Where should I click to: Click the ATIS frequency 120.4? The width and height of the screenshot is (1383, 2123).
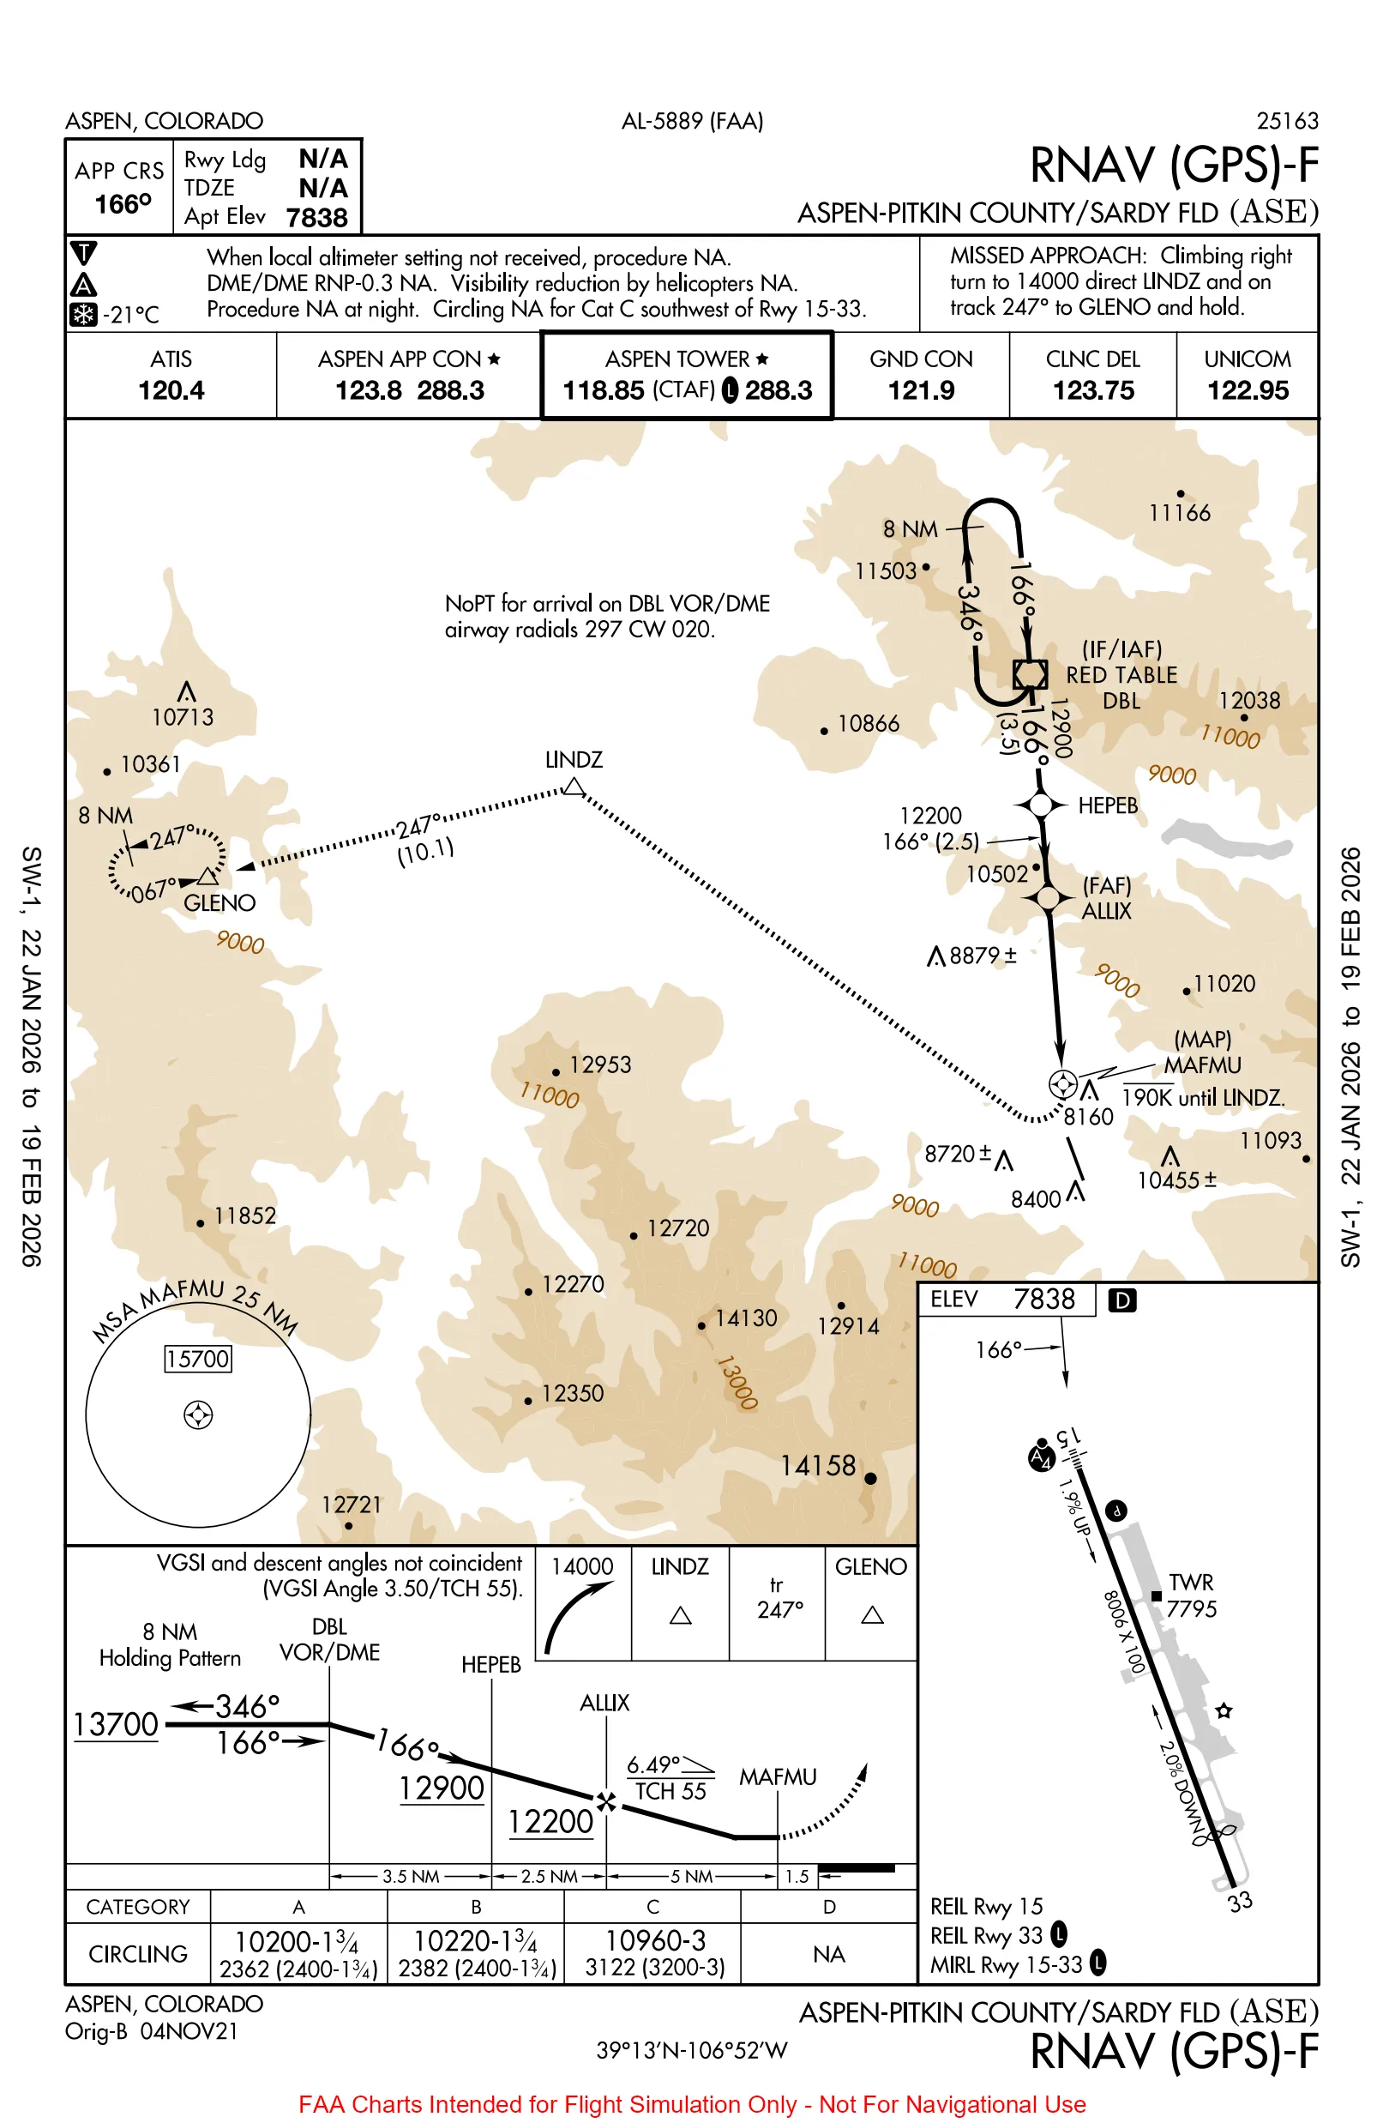pyautogui.click(x=171, y=389)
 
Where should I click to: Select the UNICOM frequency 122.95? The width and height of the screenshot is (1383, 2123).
pyautogui.click(x=1247, y=389)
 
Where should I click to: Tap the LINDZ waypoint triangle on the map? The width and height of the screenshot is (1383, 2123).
pyautogui.click(x=574, y=787)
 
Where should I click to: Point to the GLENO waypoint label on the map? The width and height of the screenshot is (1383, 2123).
pyautogui.click(x=219, y=902)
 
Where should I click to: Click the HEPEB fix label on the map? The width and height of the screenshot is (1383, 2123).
pyautogui.click(x=1107, y=805)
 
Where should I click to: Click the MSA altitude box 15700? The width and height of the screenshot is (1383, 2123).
pyautogui.click(x=198, y=1359)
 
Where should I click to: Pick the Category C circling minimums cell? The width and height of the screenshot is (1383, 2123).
pyautogui.click(x=653, y=1953)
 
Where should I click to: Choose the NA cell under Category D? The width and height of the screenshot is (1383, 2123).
pyautogui.click(x=828, y=1954)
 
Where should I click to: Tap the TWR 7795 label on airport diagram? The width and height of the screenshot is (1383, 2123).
pyautogui.click(x=1190, y=1595)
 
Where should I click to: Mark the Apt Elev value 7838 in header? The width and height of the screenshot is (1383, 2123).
pyautogui.click(x=316, y=218)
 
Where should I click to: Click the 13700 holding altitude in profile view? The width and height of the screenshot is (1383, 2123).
pyautogui.click(x=116, y=1724)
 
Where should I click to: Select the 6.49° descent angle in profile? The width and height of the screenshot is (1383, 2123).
pyautogui.click(x=653, y=1764)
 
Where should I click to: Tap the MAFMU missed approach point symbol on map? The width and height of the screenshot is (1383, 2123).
pyautogui.click(x=1062, y=1083)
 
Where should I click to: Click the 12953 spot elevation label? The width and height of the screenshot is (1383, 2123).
pyautogui.click(x=599, y=1065)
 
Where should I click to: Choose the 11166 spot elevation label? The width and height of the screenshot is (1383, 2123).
pyautogui.click(x=1179, y=513)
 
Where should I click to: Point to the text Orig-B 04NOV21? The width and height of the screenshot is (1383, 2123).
pyautogui.click(x=152, y=2031)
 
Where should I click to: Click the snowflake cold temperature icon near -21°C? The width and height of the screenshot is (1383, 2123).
pyautogui.click(x=83, y=314)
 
